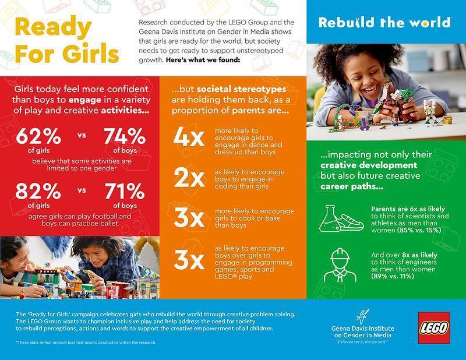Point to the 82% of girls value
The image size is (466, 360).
[38, 192]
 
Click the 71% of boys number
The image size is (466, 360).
[125, 192]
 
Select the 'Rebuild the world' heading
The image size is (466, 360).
[384, 23]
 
